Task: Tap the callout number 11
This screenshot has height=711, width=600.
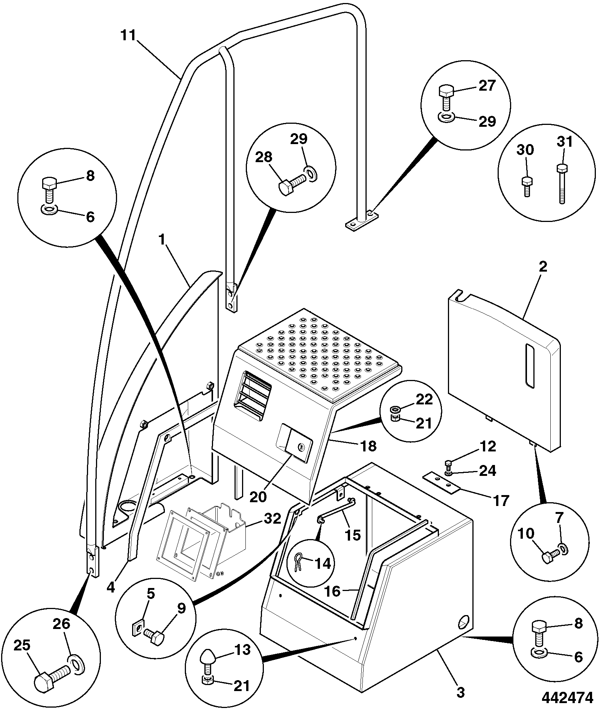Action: coord(128,36)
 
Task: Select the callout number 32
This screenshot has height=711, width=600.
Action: coord(273,518)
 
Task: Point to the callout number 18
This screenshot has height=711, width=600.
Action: coord(368,446)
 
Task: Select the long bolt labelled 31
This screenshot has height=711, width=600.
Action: coord(562,184)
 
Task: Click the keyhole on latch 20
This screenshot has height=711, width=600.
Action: coord(300,447)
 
